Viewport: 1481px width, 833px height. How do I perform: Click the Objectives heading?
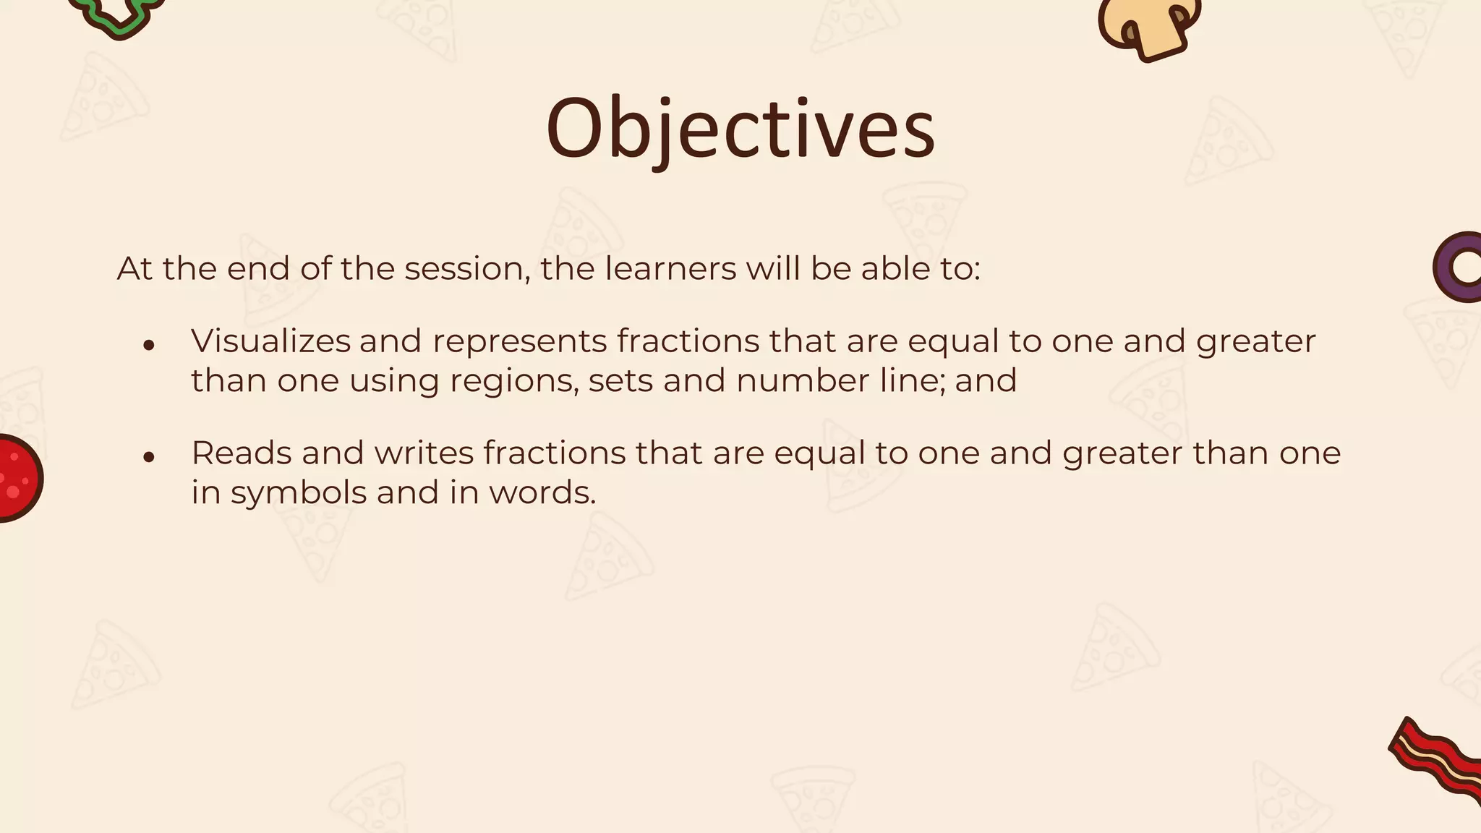click(740, 129)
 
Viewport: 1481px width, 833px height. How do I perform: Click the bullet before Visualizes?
click(149, 345)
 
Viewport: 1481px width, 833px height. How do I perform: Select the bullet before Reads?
click(149, 457)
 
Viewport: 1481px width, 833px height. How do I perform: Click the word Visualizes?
click(270, 341)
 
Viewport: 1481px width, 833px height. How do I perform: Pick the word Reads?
click(241, 453)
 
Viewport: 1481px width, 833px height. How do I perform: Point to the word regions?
click(513, 381)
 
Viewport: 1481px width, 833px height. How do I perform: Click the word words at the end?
click(542, 493)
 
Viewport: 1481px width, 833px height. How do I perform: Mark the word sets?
click(620, 381)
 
